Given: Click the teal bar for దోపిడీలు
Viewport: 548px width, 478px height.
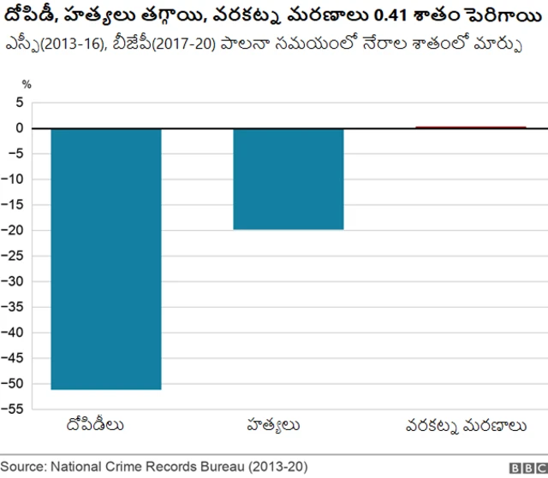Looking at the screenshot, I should (106, 258).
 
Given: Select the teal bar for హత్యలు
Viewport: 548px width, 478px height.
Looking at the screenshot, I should (289, 179).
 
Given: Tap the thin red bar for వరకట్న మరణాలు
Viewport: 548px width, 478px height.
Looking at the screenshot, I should (471, 127).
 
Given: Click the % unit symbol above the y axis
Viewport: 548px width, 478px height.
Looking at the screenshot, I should (27, 85).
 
